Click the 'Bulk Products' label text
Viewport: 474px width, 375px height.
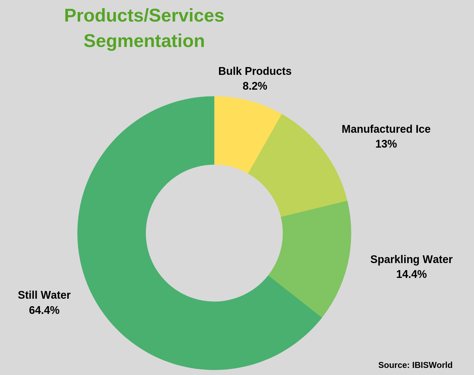click(x=255, y=71)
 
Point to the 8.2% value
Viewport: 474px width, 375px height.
click(x=255, y=86)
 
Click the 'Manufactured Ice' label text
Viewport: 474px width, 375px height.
click(x=386, y=129)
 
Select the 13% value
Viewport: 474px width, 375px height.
click(x=386, y=144)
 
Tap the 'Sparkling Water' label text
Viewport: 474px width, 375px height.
click(x=411, y=260)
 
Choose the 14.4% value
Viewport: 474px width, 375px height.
click(x=411, y=274)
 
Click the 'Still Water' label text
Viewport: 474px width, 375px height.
click(x=44, y=295)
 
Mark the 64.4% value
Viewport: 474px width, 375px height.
click(x=44, y=310)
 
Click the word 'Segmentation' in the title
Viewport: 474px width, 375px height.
click(x=144, y=41)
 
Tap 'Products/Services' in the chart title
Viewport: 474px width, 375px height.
click(x=144, y=16)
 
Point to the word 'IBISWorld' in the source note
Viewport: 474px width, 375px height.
click(x=432, y=365)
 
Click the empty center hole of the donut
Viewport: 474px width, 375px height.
click(x=214, y=233)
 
